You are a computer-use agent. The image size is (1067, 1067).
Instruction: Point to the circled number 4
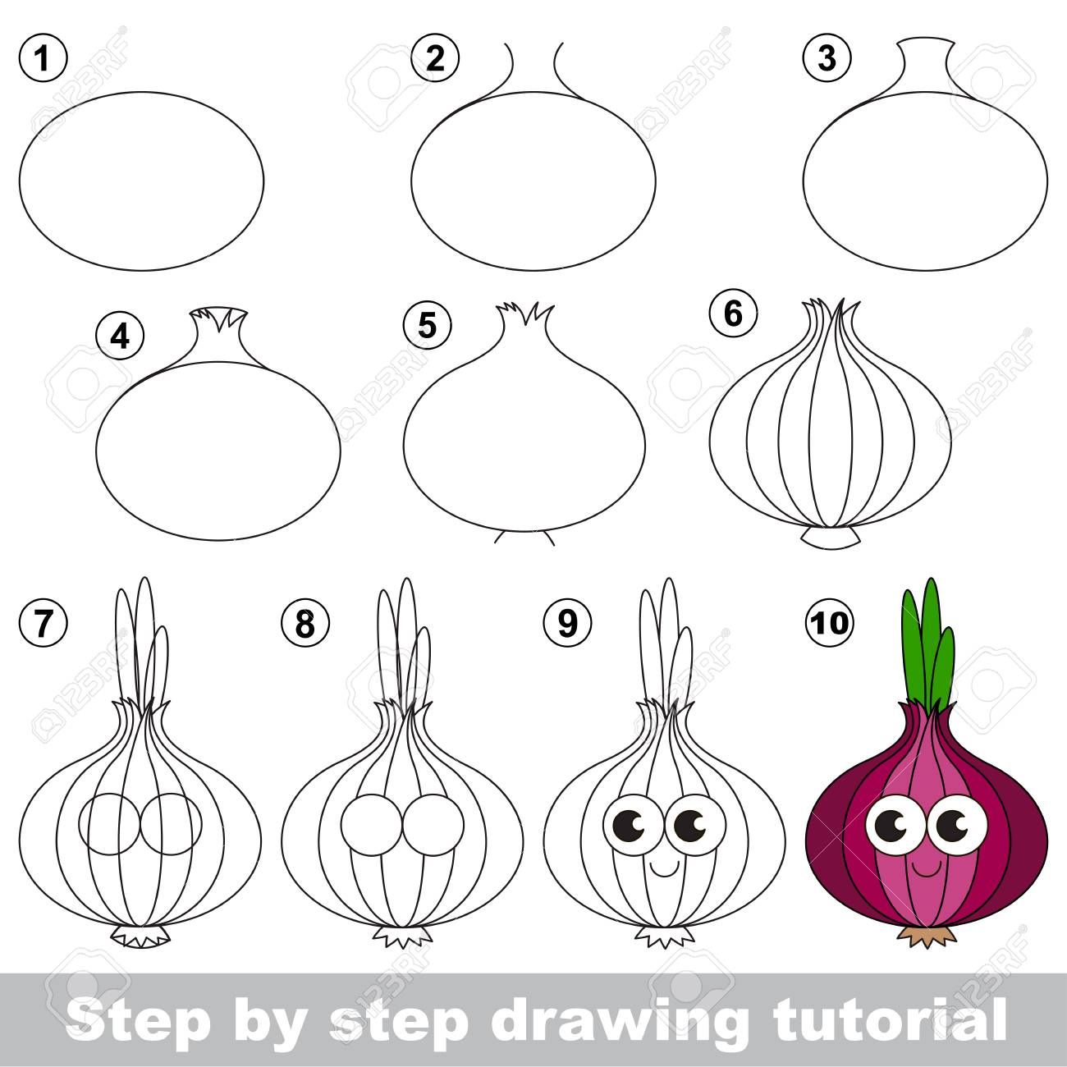(120, 336)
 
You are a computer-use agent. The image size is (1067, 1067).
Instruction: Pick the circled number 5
(427, 326)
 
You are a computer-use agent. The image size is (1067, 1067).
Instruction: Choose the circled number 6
(733, 314)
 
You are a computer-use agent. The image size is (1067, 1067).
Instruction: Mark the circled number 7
(44, 622)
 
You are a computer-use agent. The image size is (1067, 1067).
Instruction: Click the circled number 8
(305, 622)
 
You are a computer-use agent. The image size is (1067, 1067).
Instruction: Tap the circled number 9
(567, 622)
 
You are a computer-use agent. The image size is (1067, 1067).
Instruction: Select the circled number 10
(829, 622)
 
